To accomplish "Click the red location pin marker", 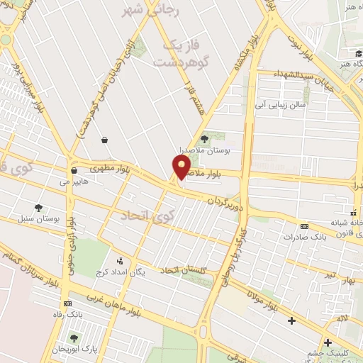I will [181, 167].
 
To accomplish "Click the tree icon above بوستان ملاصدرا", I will [205, 139].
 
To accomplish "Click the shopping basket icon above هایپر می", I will [74, 170].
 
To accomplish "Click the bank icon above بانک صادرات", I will [304, 226].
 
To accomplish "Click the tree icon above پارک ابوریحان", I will [74, 337].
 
